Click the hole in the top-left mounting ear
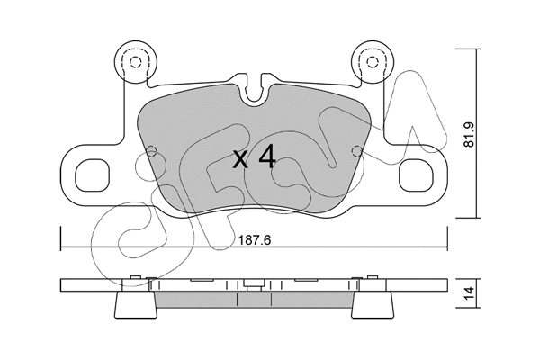click(135, 63)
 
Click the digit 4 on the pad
click(265, 158)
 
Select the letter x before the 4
click(239, 162)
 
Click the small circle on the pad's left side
click(152, 149)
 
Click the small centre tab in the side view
click(254, 285)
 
